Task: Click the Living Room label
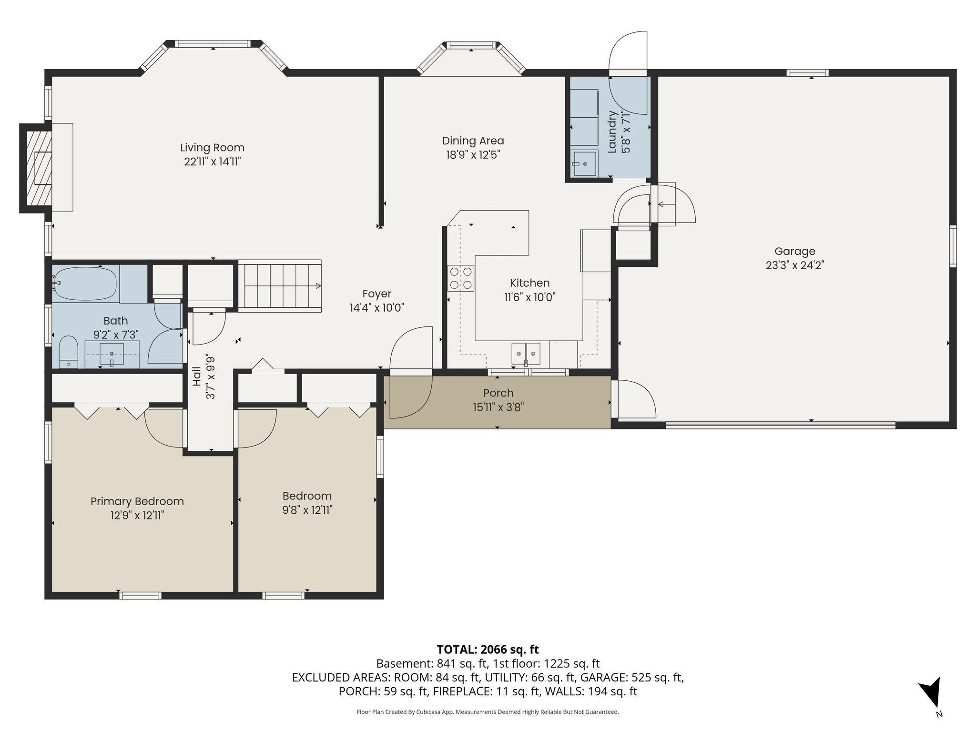pos(212,148)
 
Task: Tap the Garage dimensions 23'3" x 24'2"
pos(795,265)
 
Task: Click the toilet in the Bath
pos(69,352)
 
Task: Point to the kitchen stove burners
pos(461,278)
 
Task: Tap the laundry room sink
pos(584,163)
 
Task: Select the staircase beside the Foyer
pos(280,286)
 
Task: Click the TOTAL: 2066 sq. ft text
pos(488,650)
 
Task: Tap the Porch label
pos(498,393)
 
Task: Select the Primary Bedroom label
pos(137,501)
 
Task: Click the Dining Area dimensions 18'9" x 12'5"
pos(472,155)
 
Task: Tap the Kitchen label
pos(529,283)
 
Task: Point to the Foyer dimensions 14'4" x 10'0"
pos(376,308)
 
